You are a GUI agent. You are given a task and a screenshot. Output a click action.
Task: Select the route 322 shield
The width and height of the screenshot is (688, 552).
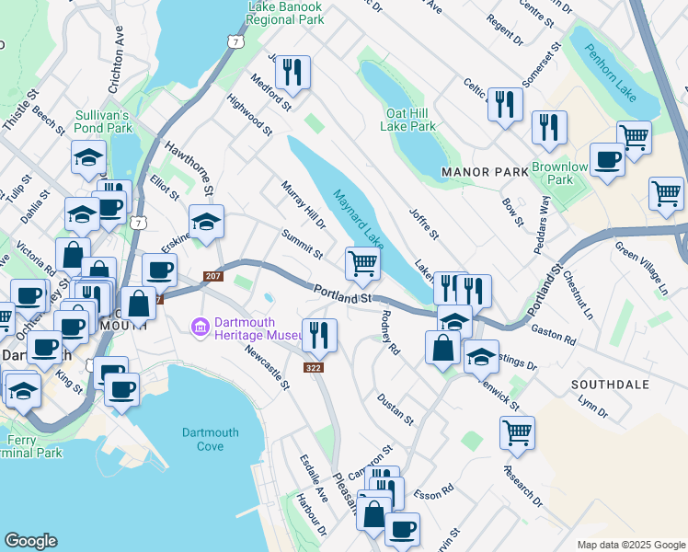(x=314, y=368)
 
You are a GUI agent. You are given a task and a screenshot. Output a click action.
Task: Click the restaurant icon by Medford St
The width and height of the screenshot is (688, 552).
(x=292, y=73)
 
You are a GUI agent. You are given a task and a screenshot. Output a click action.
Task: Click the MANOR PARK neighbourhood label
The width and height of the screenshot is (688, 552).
(x=485, y=172)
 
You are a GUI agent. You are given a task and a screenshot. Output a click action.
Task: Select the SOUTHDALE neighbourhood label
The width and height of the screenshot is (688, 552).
(x=610, y=384)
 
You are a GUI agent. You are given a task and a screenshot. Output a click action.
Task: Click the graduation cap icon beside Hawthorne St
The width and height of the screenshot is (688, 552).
(x=206, y=222)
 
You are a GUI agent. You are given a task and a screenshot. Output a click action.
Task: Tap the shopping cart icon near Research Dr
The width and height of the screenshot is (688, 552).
(x=518, y=431)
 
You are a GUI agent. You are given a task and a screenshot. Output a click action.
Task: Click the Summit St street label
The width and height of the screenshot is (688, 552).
(x=303, y=244)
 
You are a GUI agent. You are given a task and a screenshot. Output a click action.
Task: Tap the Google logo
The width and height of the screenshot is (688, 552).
(x=31, y=541)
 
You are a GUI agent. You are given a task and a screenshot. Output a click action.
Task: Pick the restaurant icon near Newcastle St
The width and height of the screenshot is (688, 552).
(x=319, y=336)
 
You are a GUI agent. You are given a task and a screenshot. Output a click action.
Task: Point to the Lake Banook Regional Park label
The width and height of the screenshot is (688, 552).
(x=286, y=11)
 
